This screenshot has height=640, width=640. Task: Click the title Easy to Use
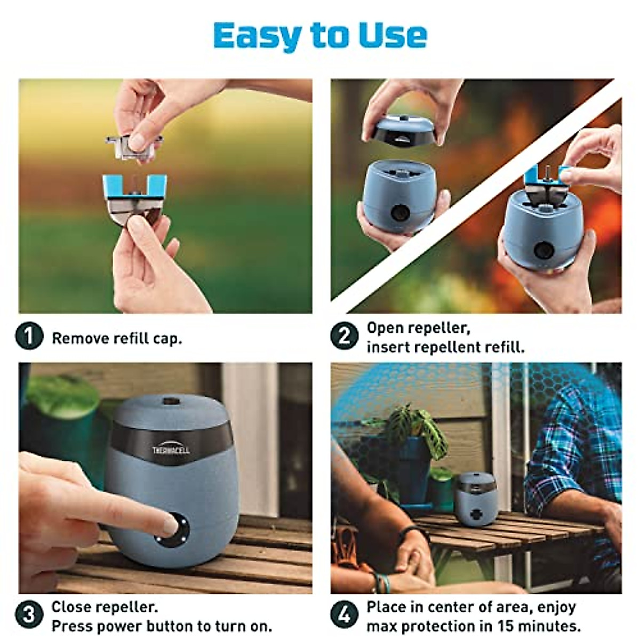[x=320, y=35]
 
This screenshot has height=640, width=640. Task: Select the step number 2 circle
[x=344, y=337]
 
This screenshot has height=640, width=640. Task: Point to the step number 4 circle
[x=344, y=615]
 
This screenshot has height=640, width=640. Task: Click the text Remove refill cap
[x=117, y=339]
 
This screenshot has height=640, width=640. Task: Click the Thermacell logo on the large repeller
[x=171, y=450]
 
